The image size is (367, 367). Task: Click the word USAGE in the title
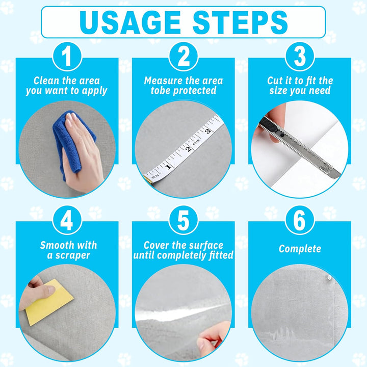pos(130,22)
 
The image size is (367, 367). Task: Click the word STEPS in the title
pos(240,22)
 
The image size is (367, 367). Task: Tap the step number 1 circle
pos(67,57)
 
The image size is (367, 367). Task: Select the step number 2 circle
pos(183,57)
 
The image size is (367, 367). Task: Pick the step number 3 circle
pos(300,57)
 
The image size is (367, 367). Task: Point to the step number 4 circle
pos(67,220)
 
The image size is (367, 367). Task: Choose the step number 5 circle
pos(183,220)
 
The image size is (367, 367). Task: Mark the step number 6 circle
pos(300,220)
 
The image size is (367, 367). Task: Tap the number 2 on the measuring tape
pos(188,149)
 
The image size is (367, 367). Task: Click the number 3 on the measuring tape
pos(208,131)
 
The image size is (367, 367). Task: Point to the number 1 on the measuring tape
pos(168,167)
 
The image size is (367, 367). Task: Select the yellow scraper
pos(49,302)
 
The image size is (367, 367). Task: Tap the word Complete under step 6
pos(300,249)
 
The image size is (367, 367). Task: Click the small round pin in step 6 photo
pos(329,278)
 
